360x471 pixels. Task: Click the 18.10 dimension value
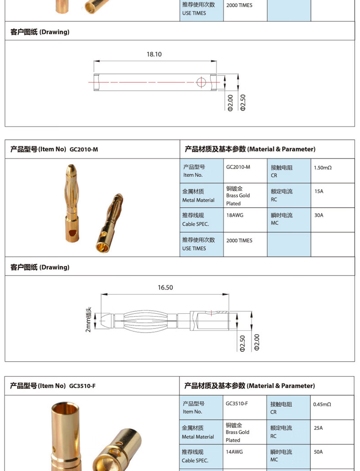click(x=154, y=54)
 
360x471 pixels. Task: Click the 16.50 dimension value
click(x=165, y=287)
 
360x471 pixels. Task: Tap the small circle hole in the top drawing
click(x=201, y=82)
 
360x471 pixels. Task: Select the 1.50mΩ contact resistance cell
click(x=323, y=168)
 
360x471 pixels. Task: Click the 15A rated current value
click(x=319, y=191)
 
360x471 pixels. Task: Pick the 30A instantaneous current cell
click(x=319, y=215)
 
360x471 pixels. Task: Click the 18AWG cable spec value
click(x=235, y=215)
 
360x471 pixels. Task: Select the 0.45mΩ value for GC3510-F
click(x=322, y=404)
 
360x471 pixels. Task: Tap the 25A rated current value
click(x=318, y=428)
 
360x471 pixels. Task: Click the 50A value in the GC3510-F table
click(x=318, y=452)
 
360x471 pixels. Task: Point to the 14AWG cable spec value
click(x=234, y=452)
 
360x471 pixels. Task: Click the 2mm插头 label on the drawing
click(x=88, y=319)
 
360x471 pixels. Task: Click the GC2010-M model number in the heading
click(x=84, y=149)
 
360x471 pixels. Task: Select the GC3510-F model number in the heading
click(x=82, y=386)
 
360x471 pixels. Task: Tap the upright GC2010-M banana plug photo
click(x=72, y=202)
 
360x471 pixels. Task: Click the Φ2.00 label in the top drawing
click(x=230, y=102)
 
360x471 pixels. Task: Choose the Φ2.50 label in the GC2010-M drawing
click(x=242, y=343)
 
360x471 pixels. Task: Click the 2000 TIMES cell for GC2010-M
click(x=239, y=241)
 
